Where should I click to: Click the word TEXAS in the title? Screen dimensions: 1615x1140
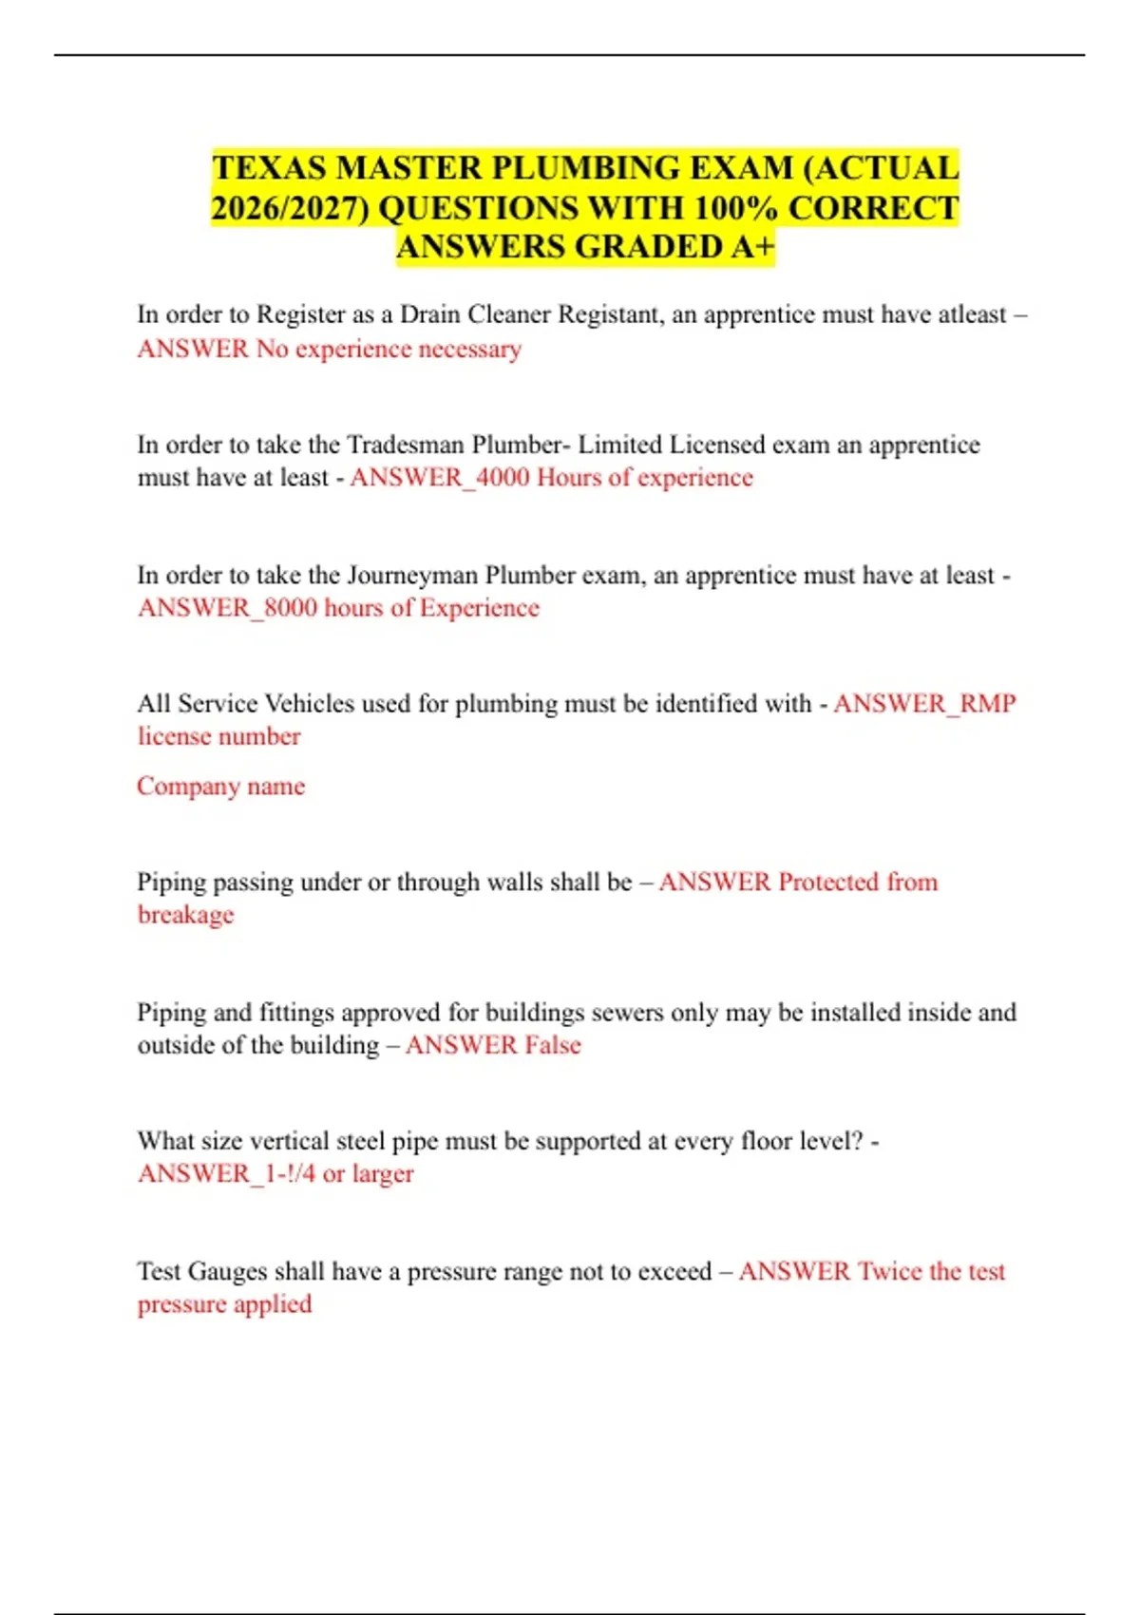click(269, 168)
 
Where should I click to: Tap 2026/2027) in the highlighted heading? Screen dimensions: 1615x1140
click(290, 208)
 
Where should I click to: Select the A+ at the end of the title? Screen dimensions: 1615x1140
click(753, 247)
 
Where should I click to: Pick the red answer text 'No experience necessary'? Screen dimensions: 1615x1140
click(389, 350)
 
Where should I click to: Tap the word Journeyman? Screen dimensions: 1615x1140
click(412, 575)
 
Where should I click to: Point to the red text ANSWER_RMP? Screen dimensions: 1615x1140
click(924, 704)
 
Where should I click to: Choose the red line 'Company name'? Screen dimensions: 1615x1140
click(220, 787)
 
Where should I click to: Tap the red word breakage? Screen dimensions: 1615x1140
click(185, 915)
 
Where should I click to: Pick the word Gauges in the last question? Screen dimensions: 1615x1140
click(227, 1271)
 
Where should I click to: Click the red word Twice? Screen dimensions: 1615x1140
click(890, 1271)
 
